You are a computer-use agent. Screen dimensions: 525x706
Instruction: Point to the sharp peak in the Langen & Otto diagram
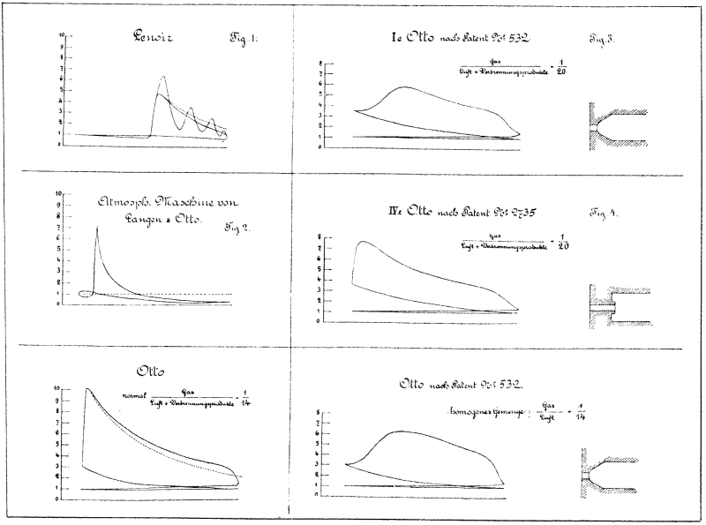pos(97,227)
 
